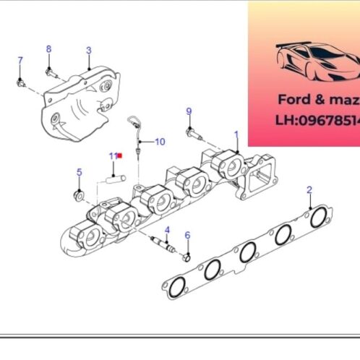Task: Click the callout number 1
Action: [236, 134]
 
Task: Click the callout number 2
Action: [309, 189]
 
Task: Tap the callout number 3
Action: [88, 51]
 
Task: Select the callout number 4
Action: [166, 230]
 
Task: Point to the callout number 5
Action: [80, 172]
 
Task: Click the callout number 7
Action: [20, 59]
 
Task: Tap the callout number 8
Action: [49, 48]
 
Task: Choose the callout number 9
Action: [189, 111]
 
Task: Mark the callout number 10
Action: [160, 142]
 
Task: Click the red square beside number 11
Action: [121, 155]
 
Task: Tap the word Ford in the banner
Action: [293, 99]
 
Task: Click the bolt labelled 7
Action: [21, 82]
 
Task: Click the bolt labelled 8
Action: [51, 71]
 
